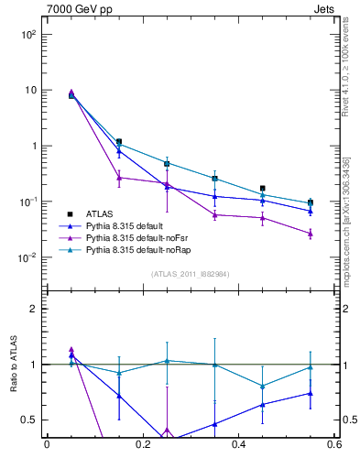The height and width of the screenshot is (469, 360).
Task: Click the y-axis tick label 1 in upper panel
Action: [32, 147]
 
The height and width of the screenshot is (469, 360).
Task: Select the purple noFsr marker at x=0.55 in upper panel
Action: [311, 234]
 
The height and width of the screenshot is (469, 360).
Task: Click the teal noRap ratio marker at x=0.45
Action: [263, 386]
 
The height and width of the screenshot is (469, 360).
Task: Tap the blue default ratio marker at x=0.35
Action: [214, 424]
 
